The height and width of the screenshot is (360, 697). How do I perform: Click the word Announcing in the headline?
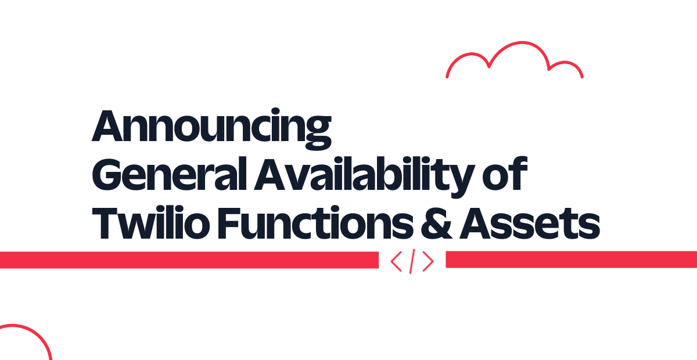click(x=211, y=128)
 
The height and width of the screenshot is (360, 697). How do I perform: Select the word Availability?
click(x=364, y=177)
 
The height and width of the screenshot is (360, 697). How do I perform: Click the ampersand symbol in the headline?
click(x=436, y=223)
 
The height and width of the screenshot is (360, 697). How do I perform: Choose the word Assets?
click(x=530, y=223)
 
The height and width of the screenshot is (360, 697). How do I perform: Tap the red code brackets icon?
click(x=412, y=261)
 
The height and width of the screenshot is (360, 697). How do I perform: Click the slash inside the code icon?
click(x=412, y=261)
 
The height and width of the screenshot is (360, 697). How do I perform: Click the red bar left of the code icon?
click(x=189, y=260)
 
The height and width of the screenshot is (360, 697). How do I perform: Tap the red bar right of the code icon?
click(x=572, y=259)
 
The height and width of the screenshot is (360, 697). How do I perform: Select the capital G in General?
click(x=106, y=174)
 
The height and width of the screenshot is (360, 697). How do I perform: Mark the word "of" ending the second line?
click(x=505, y=173)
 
